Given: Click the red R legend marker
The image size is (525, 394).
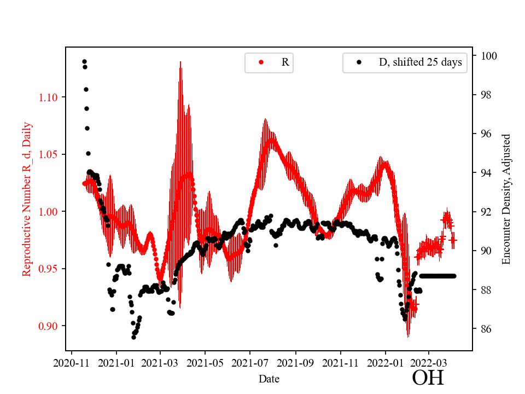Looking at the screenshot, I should coord(261,62).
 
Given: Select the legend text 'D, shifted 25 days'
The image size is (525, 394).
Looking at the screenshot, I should coord(420,62).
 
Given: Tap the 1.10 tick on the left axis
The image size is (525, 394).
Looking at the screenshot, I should coord(49,97).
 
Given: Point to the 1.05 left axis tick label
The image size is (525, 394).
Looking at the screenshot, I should coord(49,154).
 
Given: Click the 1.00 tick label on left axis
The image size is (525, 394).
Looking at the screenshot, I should coord(49,212).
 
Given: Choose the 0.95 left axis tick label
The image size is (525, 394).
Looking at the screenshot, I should coord(49,269).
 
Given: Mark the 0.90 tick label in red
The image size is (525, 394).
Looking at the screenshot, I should coord(49,326).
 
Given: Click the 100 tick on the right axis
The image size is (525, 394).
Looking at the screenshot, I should coord(489,56).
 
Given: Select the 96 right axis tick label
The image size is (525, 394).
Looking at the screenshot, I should coord(486,134).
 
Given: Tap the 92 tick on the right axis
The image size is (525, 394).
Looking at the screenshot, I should coord(486,212).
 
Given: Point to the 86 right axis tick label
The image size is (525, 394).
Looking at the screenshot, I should coord(486,329).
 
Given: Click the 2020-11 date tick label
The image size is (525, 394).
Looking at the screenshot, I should coord(71,362).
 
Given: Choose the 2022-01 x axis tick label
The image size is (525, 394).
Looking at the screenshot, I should coord(385,362).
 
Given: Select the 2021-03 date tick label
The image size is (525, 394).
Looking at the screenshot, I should coord(160,362).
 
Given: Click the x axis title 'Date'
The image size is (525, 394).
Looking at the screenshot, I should coord(269,378).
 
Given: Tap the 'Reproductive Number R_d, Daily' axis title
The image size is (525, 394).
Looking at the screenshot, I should coord(27,199).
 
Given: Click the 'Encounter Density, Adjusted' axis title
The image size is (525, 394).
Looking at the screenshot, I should coord(506,199).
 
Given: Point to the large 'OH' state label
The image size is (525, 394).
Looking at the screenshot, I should coord(428,378).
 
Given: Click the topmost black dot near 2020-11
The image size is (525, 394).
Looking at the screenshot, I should coord(84,61).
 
